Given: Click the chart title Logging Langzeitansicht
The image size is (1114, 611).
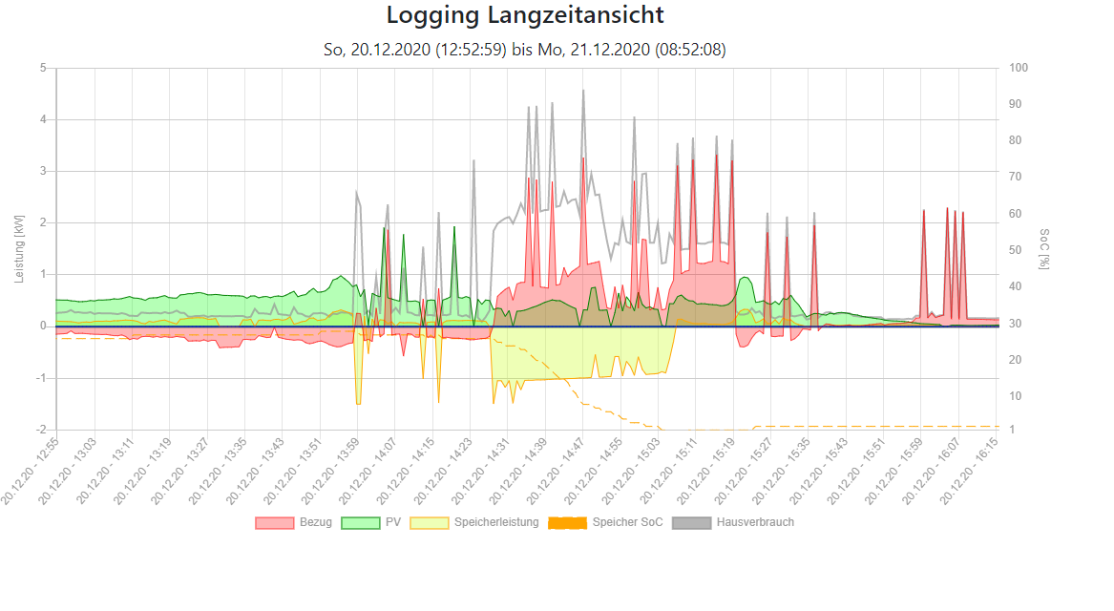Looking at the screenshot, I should [525, 16].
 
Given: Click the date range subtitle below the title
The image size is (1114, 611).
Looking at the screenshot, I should [525, 50].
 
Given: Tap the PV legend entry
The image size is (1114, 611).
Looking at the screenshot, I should [383, 522].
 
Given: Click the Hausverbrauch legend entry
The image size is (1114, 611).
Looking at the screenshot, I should [734, 522].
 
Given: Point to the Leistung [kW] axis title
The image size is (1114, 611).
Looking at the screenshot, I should [19, 247].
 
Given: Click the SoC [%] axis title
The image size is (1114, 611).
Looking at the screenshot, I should [1045, 248].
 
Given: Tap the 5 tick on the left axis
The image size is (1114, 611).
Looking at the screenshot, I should [43, 68].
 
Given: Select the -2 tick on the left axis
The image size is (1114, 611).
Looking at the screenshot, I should [41, 430].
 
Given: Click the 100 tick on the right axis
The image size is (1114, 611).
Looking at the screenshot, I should [1019, 68].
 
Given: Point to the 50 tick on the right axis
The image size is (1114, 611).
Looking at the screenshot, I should [1016, 250].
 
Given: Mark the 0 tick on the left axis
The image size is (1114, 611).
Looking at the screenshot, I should [43, 327].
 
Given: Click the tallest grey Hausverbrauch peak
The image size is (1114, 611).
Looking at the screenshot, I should [583, 92].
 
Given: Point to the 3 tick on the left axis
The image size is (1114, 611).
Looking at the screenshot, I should [43, 171].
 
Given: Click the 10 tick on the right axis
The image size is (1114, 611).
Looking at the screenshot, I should [1016, 396].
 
